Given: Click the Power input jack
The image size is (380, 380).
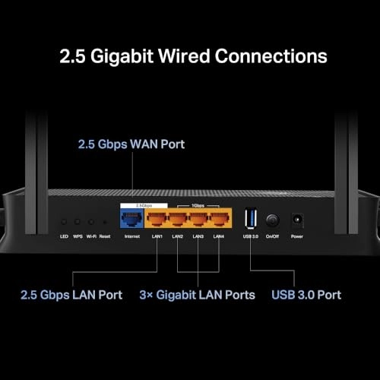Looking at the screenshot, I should pyautogui.click(x=297, y=220).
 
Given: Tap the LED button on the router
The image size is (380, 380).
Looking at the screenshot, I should pyautogui.click(x=64, y=222).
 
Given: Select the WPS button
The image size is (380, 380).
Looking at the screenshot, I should pyautogui.click(x=77, y=222).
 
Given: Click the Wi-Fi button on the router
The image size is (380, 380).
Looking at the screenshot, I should pyautogui.click(x=90, y=222).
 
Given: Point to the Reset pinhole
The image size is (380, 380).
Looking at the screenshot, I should pyautogui.click(x=103, y=222).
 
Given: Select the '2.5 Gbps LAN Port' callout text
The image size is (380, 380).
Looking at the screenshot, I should pyautogui.click(x=72, y=294).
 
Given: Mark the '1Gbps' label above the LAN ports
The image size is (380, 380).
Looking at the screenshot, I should pyautogui.click(x=188, y=205).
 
